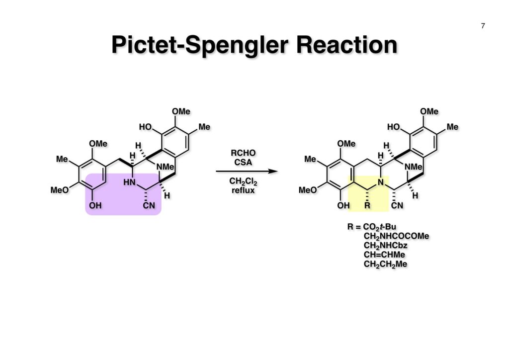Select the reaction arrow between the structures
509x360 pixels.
[x=246, y=172]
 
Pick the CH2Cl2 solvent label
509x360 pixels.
[x=244, y=181]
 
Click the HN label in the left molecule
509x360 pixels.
[x=130, y=182]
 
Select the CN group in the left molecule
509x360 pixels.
[x=149, y=205]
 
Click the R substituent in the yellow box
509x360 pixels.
[x=367, y=205]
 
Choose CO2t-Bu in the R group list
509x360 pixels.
[x=380, y=227]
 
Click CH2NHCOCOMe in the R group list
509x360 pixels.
[x=396, y=236]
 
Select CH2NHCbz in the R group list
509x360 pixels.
[x=386, y=245]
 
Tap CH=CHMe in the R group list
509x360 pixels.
[x=384, y=255]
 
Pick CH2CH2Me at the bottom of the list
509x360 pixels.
[x=385, y=264]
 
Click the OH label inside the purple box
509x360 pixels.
[x=95, y=205]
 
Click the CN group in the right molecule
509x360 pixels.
[x=397, y=205]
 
